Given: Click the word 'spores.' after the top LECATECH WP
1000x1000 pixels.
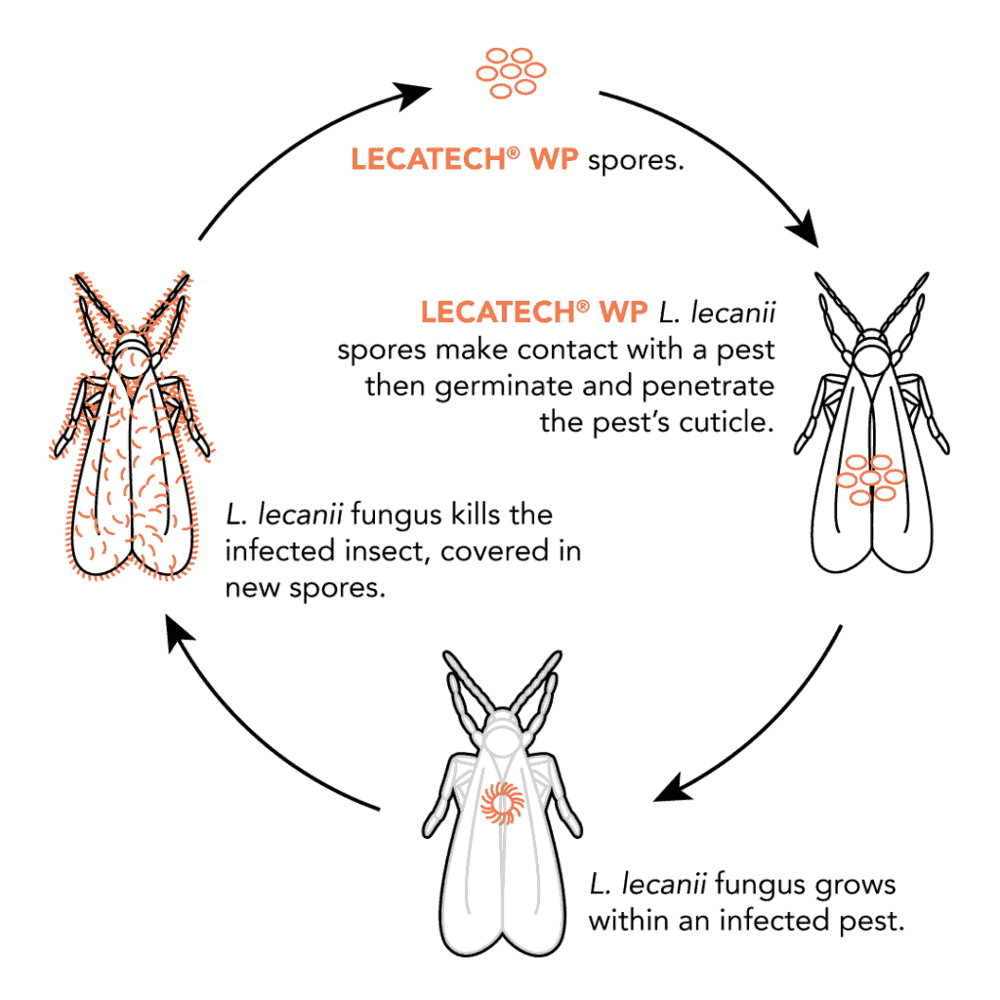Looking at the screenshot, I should [x=637, y=160].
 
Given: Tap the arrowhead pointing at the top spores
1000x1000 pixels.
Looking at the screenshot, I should [x=414, y=96].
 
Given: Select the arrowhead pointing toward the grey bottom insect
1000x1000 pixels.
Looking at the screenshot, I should [x=673, y=787].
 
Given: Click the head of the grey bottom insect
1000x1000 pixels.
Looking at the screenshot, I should [x=502, y=728].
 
